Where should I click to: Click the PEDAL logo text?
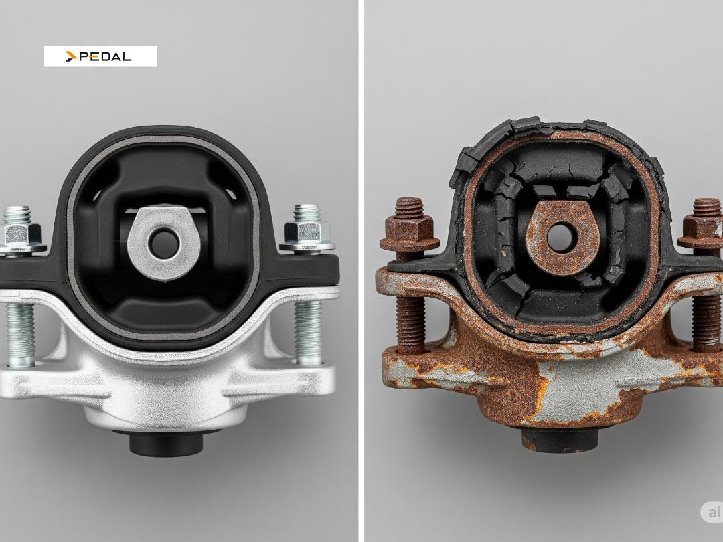105,56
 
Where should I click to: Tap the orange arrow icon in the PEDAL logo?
71,56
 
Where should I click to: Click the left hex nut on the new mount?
21,233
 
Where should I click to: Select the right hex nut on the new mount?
307,232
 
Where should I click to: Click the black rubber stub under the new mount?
166,443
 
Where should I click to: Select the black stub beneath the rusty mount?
560,440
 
